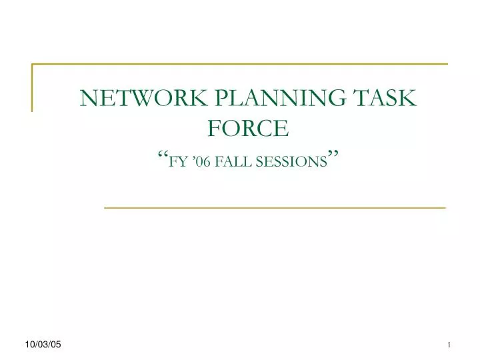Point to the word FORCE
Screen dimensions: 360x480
point(248,127)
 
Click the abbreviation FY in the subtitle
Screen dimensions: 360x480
point(178,161)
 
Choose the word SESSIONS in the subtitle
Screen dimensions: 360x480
point(293,161)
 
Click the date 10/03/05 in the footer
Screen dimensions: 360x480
point(43,343)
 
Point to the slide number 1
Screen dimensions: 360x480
point(449,344)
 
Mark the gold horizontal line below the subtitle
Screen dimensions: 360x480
point(275,208)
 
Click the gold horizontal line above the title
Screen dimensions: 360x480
point(240,64)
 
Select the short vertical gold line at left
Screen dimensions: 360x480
point(33,87)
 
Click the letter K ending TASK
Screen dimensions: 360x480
point(409,98)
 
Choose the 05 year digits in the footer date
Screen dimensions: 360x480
point(55,343)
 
